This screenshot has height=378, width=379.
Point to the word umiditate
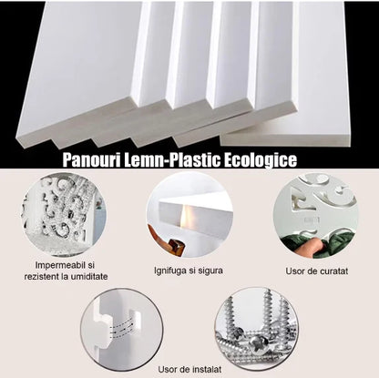89,277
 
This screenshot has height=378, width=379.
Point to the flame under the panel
186,215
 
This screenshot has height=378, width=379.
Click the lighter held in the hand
176,245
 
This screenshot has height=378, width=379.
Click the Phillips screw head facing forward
259,344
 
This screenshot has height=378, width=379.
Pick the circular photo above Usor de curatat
316,216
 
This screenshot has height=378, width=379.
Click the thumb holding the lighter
159,235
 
